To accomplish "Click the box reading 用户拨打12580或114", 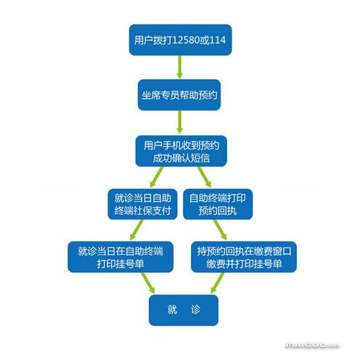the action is [180, 40].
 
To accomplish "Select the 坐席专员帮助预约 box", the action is [179, 95].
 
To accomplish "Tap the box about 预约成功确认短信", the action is [181, 151].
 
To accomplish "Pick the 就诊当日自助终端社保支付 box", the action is [142, 204].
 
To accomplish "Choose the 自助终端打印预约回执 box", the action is [218, 204].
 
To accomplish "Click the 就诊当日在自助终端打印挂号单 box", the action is [120, 257].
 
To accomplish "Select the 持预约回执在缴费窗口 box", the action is [244, 257].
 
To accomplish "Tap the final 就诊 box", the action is [184, 310].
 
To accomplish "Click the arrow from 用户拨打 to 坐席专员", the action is [179, 68].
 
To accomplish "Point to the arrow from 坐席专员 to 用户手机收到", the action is [179, 122].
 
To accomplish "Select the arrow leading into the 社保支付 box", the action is [157, 177].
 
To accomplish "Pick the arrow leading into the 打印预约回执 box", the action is [205, 177].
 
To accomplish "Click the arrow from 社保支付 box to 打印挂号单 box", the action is [136, 230].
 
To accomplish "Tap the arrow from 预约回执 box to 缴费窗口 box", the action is [220, 230].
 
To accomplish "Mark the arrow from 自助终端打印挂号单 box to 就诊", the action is [148, 283].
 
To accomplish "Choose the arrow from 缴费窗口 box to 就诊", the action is [218, 283].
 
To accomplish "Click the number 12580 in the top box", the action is [186, 40].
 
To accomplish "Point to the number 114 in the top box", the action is [218, 40].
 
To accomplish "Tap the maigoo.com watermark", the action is [313, 346].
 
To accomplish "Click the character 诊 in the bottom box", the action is [195, 310].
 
